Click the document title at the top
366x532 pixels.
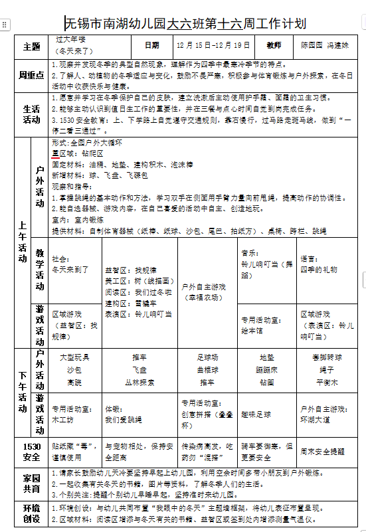pos(186,24)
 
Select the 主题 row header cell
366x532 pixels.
pos(32,46)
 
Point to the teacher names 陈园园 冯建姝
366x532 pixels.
pos(324,46)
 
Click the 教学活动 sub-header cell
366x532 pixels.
pos(40,270)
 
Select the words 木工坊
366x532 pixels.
pos(63,420)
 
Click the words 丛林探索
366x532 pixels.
pos(139,382)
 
